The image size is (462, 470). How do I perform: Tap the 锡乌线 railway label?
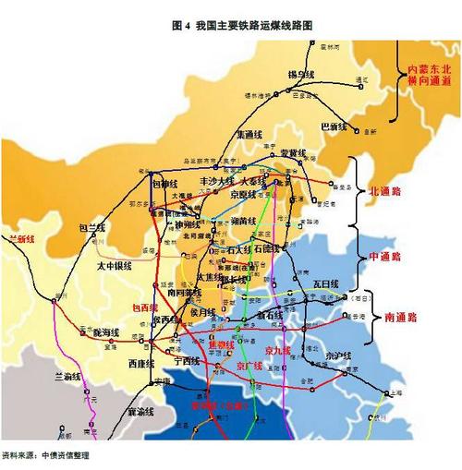(301, 74)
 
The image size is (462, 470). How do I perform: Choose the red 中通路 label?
(384, 255)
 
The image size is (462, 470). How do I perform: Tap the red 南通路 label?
(400, 317)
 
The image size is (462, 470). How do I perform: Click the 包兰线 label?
(91, 227)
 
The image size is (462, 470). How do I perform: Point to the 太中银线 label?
(115, 266)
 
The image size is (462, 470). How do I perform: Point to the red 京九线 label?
(278, 351)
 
